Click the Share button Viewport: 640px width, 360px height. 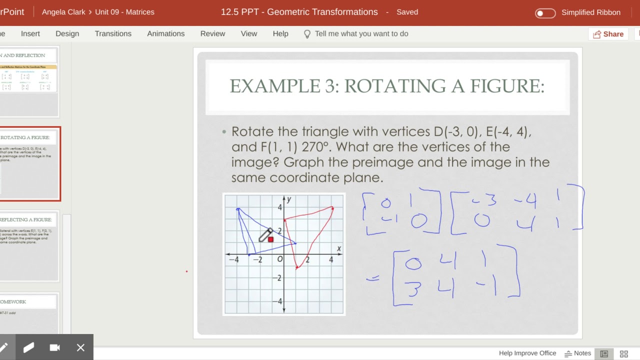608,34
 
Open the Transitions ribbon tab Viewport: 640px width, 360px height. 113,33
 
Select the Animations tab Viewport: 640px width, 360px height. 165,33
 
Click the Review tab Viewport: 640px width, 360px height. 212,33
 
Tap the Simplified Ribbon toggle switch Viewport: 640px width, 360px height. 545,13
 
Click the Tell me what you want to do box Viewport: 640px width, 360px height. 361,33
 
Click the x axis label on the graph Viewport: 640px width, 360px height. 339,248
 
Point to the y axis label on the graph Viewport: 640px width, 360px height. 289,199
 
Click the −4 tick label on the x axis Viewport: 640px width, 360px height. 233,259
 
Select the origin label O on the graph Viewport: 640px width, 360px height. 280,259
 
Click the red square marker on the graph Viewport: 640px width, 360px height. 270,239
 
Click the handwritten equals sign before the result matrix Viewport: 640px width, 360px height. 372,279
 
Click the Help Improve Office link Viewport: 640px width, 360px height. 527,353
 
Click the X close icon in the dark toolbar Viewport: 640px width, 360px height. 80,347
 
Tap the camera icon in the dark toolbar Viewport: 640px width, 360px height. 54,347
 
